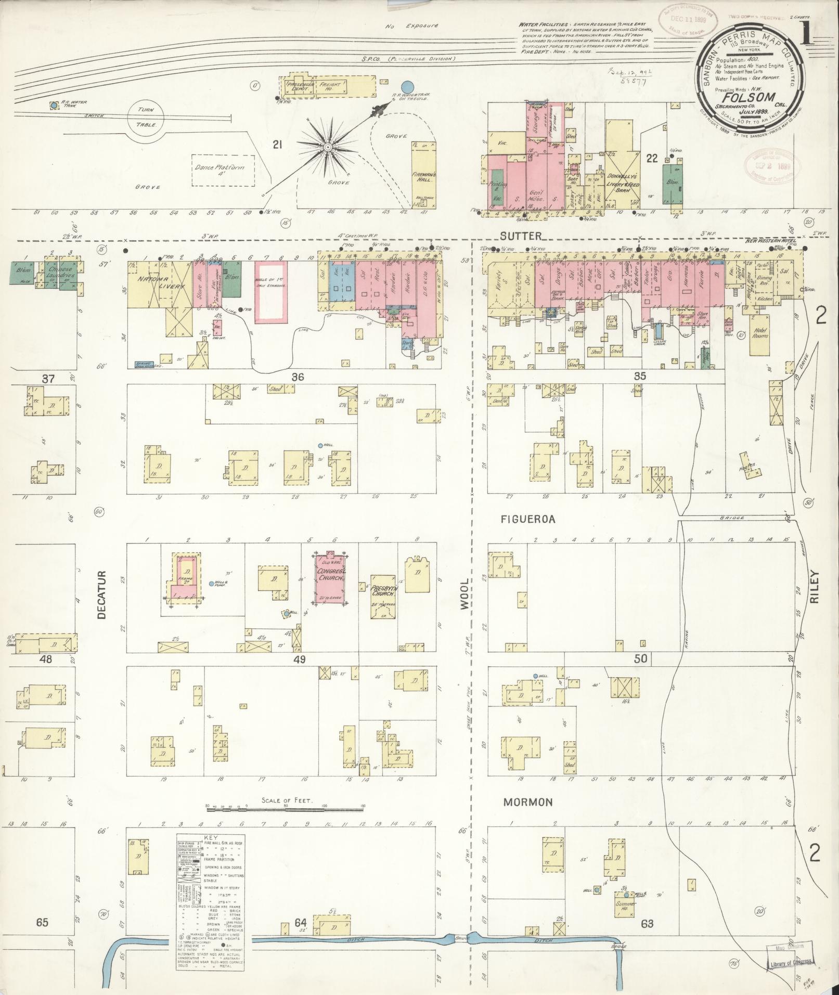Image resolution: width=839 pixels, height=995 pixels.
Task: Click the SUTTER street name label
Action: coord(515,235)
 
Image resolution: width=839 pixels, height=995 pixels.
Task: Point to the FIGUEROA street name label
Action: coord(528,519)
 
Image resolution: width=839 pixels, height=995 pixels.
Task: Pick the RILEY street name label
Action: coord(814,587)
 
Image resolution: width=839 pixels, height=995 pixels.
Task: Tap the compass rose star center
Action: coord(328,148)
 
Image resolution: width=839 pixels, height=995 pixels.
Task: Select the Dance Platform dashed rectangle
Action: coord(224,170)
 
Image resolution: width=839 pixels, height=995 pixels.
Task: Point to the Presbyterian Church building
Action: coord(384,596)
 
